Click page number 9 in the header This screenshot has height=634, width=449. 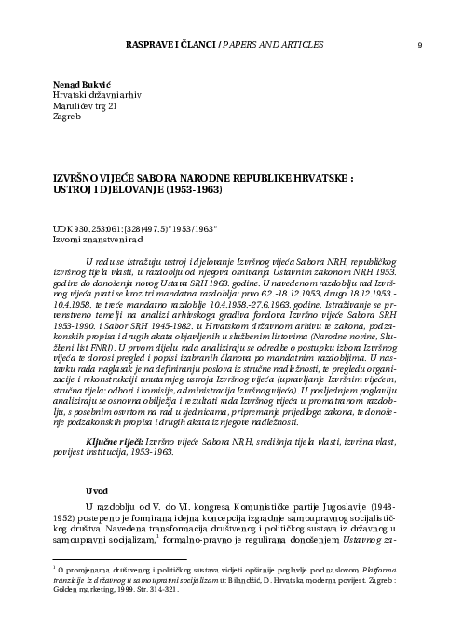pyautogui.click(x=420, y=44)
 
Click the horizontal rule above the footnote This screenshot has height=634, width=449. pyautogui.click(x=102, y=559)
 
